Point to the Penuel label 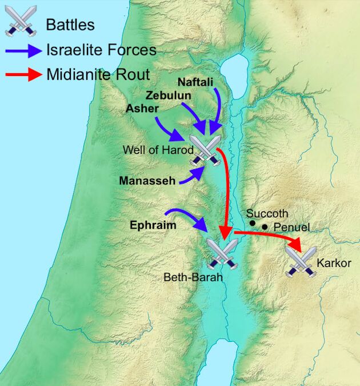click(291, 228)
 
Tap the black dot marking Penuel click(265, 228)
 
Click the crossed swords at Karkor click(301, 262)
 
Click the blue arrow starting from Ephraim click(191, 218)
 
